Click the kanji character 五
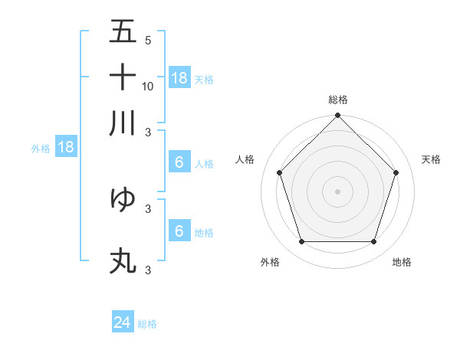point(123,32)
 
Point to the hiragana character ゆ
point(123,198)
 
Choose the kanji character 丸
point(123,261)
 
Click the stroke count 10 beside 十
point(148,86)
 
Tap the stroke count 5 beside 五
point(148,41)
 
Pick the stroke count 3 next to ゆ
point(148,208)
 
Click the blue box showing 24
point(123,322)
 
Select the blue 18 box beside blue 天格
point(179,78)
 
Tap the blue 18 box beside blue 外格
point(66,148)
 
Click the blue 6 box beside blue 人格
point(179,162)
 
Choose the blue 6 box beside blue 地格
point(179,231)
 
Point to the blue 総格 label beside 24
point(147,324)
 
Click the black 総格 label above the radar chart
point(338,100)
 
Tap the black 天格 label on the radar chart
point(432,159)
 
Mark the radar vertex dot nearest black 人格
point(280,172)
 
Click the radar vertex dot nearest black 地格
point(373,241)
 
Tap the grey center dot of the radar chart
point(337,191)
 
